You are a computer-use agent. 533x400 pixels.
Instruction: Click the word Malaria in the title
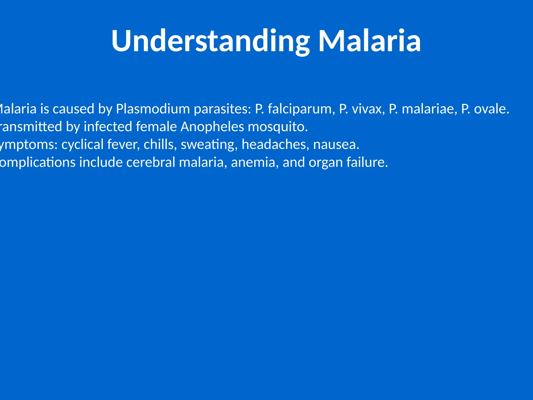(x=370, y=41)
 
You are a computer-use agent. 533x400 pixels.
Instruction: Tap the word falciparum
(x=301, y=109)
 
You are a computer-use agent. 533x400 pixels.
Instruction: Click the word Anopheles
(x=212, y=127)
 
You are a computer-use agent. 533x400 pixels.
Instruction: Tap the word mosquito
(x=278, y=127)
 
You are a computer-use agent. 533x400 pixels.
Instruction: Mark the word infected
(x=108, y=127)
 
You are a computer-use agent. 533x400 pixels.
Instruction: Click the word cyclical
(x=83, y=145)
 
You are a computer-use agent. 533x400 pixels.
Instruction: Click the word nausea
(x=336, y=145)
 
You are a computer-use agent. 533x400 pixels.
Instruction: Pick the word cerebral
(x=151, y=162)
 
